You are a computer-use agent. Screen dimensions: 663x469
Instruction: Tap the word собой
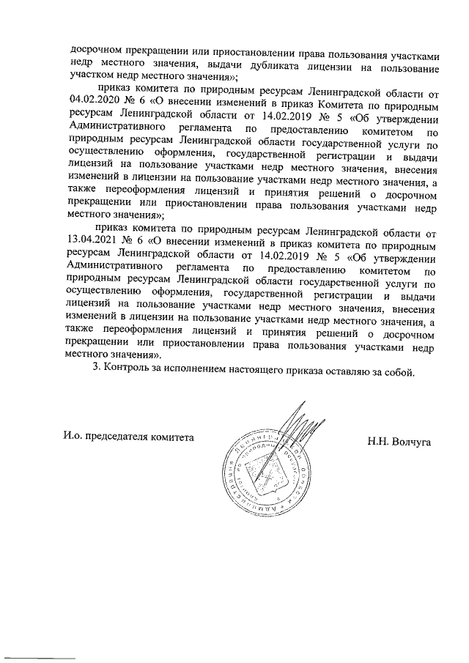coord(400,371)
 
